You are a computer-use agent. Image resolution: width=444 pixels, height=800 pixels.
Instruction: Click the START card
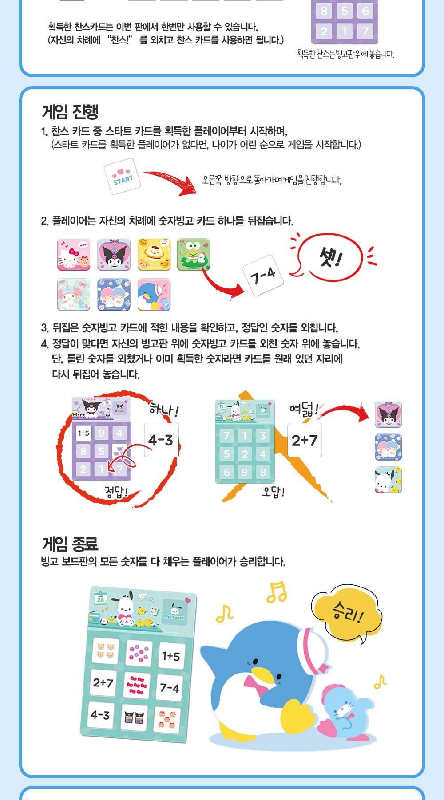(x=123, y=177)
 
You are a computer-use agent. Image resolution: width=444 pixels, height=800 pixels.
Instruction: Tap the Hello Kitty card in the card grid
(x=74, y=254)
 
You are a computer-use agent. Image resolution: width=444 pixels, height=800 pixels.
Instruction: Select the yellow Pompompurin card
(x=154, y=254)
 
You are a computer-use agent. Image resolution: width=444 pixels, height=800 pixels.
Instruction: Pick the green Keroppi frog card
(x=194, y=254)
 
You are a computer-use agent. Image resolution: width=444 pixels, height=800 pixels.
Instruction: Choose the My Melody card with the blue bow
(x=74, y=295)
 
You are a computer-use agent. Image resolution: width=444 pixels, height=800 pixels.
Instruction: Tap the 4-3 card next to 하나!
(x=161, y=440)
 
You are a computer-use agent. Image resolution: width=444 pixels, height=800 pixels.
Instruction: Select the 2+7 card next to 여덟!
(x=305, y=440)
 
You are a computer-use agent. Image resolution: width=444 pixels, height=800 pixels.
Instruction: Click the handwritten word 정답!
(x=116, y=492)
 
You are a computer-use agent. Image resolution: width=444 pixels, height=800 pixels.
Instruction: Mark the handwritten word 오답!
(x=273, y=492)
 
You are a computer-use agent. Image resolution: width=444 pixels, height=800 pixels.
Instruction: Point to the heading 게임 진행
(x=70, y=111)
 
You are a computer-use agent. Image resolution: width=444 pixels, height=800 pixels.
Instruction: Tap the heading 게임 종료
(x=70, y=544)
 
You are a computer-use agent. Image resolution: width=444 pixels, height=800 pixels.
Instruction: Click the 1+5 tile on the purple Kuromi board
(x=83, y=433)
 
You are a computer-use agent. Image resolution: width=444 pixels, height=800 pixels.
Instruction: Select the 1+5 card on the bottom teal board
(x=171, y=656)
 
